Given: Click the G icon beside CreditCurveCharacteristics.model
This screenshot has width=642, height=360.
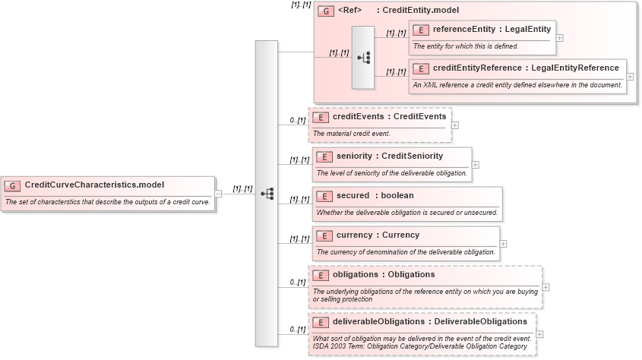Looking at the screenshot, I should tap(13, 185).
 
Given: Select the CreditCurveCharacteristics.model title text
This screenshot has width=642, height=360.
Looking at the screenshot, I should tap(94, 185).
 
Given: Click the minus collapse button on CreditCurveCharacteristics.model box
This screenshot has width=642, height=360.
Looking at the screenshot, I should tap(219, 194).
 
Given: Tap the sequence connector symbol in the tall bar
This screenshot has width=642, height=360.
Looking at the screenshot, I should tap(267, 194).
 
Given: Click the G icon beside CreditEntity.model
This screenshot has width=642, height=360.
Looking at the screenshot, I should tap(326, 11).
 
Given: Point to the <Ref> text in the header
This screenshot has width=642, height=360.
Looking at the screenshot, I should tap(349, 11).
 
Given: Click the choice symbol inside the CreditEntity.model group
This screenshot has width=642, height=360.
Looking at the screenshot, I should tap(363, 58).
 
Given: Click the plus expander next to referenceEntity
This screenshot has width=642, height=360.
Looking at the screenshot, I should tap(560, 37).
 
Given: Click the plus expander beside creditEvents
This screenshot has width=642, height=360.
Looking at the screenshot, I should tap(455, 125).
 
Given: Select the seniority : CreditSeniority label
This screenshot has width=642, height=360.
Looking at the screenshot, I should tap(390, 156).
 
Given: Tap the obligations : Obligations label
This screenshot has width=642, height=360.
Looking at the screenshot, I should tap(384, 275).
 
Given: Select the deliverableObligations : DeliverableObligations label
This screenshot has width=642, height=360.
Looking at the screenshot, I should tap(430, 322).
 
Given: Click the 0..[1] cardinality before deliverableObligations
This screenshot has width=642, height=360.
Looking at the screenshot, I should tap(297, 330).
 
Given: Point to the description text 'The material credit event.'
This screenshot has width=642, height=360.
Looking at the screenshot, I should tap(352, 134).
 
